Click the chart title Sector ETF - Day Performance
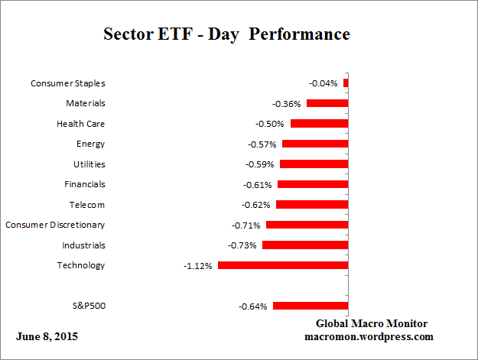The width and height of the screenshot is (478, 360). pyautogui.click(x=226, y=34)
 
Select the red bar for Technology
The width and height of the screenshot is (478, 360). pyautogui.click(x=283, y=265)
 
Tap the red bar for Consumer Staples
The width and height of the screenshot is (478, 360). pyautogui.click(x=346, y=83)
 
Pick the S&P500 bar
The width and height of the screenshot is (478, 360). pyautogui.click(x=311, y=306)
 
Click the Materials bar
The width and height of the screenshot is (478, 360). pyautogui.click(x=327, y=103)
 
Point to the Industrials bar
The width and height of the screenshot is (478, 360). pyautogui.click(x=305, y=245)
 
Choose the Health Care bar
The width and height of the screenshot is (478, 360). pyautogui.click(x=320, y=123)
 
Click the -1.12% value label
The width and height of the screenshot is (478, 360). pyautogui.click(x=198, y=266)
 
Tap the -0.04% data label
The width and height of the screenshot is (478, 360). pyautogui.click(x=324, y=83)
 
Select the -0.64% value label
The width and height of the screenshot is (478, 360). pyautogui.click(x=253, y=306)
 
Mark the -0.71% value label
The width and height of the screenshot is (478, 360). pyautogui.click(x=246, y=225)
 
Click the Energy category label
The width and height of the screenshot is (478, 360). pyautogui.click(x=90, y=144)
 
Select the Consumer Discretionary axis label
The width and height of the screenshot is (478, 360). pyautogui.click(x=55, y=225)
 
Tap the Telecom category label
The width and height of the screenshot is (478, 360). pyautogui.click(x=86, y=205)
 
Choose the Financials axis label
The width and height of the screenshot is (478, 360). pyautogui.click(x=84, y=184)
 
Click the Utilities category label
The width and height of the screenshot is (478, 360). pyautogui.click(x=89, y=164)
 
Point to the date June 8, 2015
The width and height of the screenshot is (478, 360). pyautogui.click(x=47, y=336)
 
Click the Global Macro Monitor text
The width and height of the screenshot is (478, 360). pyautogui.click(x=372, y=324)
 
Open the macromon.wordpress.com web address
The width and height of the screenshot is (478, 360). pyautogui.click(x=369, y=336)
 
